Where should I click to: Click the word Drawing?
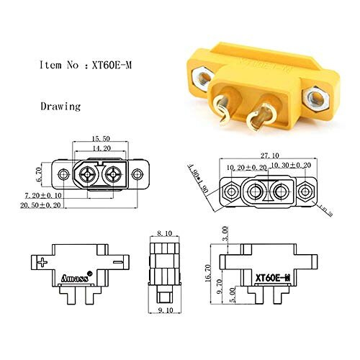[x=60, y=106]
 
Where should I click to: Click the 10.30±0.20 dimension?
[x=292, y=165]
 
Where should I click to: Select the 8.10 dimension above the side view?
[x=165, y=234]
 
